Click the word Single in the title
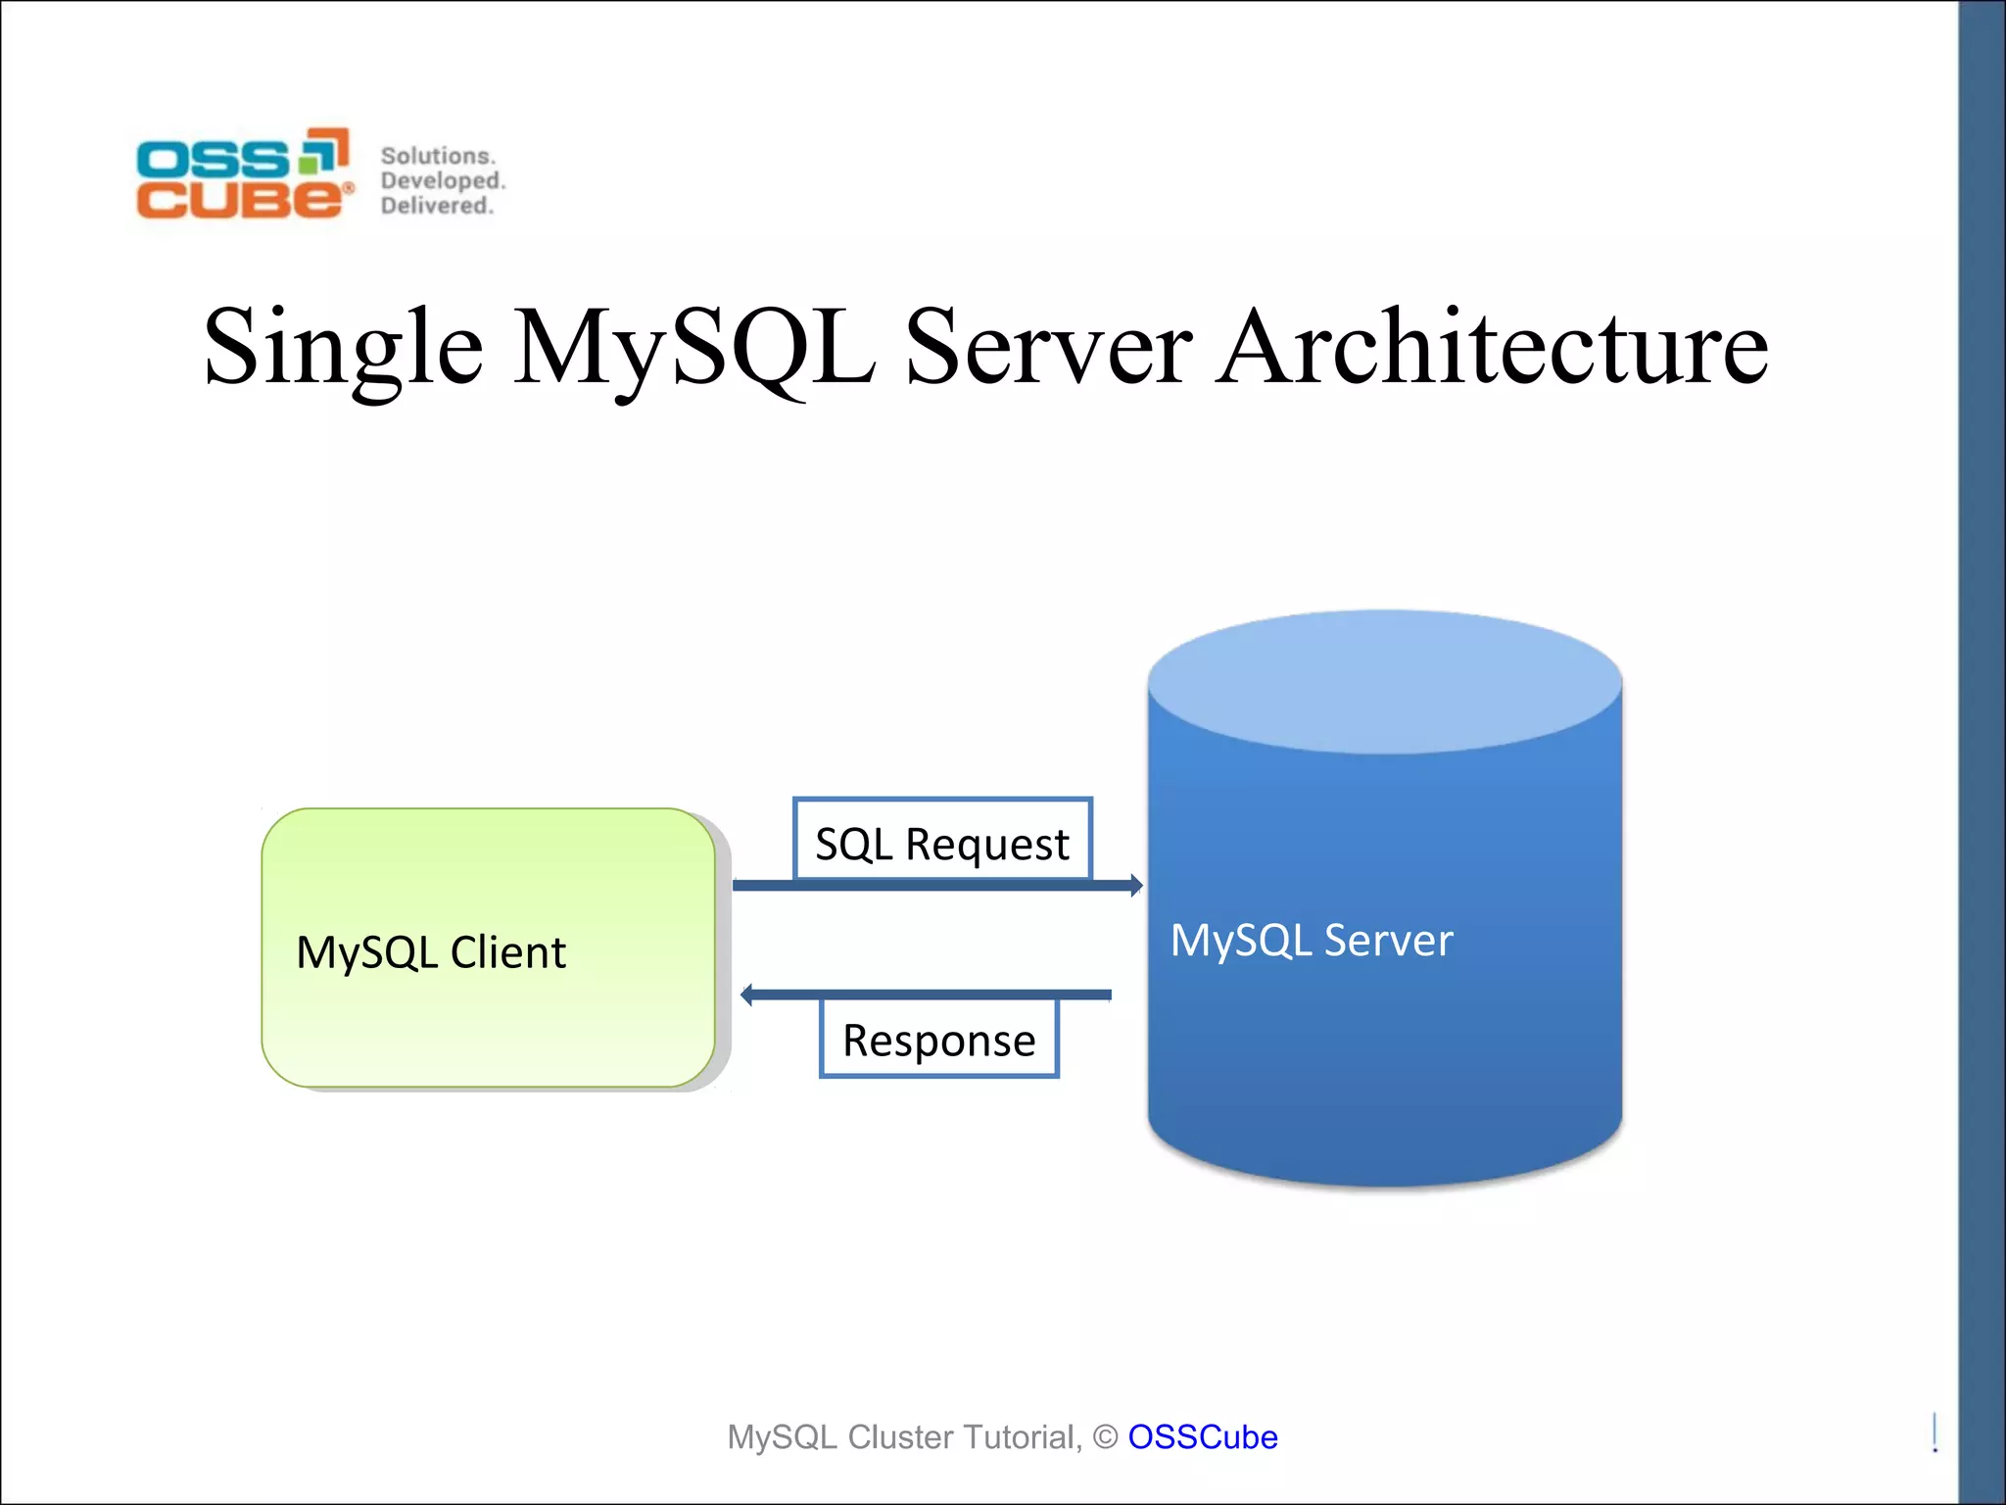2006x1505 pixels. [x=343, y=348]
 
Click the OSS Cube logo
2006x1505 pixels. [x=243, y=173]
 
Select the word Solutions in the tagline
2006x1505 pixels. [x=437, y=156]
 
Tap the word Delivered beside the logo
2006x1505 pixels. [x=436, y=206]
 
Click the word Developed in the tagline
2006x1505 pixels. [x=442, y=181]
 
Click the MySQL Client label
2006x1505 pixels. [x=431, y=952]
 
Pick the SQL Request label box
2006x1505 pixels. [x=942, y=841]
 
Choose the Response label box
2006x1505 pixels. [x=939, y=1039]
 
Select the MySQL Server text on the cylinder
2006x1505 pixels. [x=1312, y=941]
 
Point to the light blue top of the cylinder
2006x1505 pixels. [x=1385, y=682]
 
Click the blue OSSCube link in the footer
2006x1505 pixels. [x=1202, y=1437]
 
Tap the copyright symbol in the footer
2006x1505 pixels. [x=1105, y=1437]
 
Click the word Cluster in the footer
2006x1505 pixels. [x=900, y=1437]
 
